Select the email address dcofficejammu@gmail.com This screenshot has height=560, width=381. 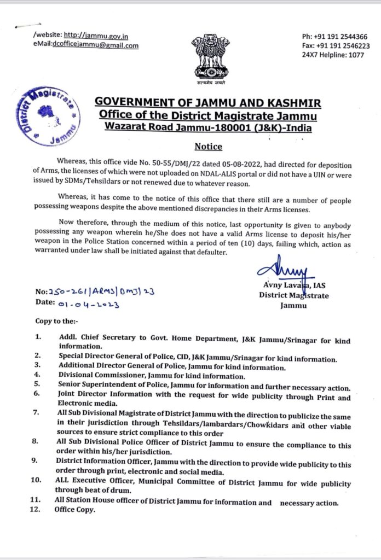click(x=96, y=45)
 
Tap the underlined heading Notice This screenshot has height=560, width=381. click(x=209, y=147)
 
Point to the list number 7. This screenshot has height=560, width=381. click(x=36, y=411)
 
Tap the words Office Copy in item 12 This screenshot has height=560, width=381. click(x=75, y=510)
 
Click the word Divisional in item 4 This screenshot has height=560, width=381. click(x=78, y=376)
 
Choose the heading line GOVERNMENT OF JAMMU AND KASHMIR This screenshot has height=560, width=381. click(x=208, y=103)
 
